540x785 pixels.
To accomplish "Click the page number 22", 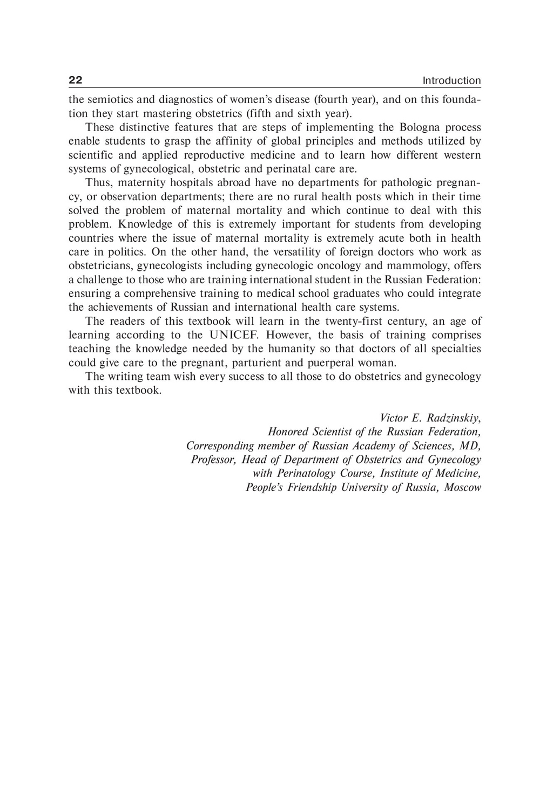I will point(75,80).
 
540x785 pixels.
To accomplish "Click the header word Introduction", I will point(451,81).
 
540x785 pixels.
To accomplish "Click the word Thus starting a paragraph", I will point(97,183).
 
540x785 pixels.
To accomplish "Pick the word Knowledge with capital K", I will point(137,224).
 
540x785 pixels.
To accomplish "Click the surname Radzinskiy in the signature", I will point(453,418).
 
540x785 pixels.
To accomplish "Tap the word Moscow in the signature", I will point(462,488).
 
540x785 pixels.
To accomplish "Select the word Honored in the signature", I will point(288,432).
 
